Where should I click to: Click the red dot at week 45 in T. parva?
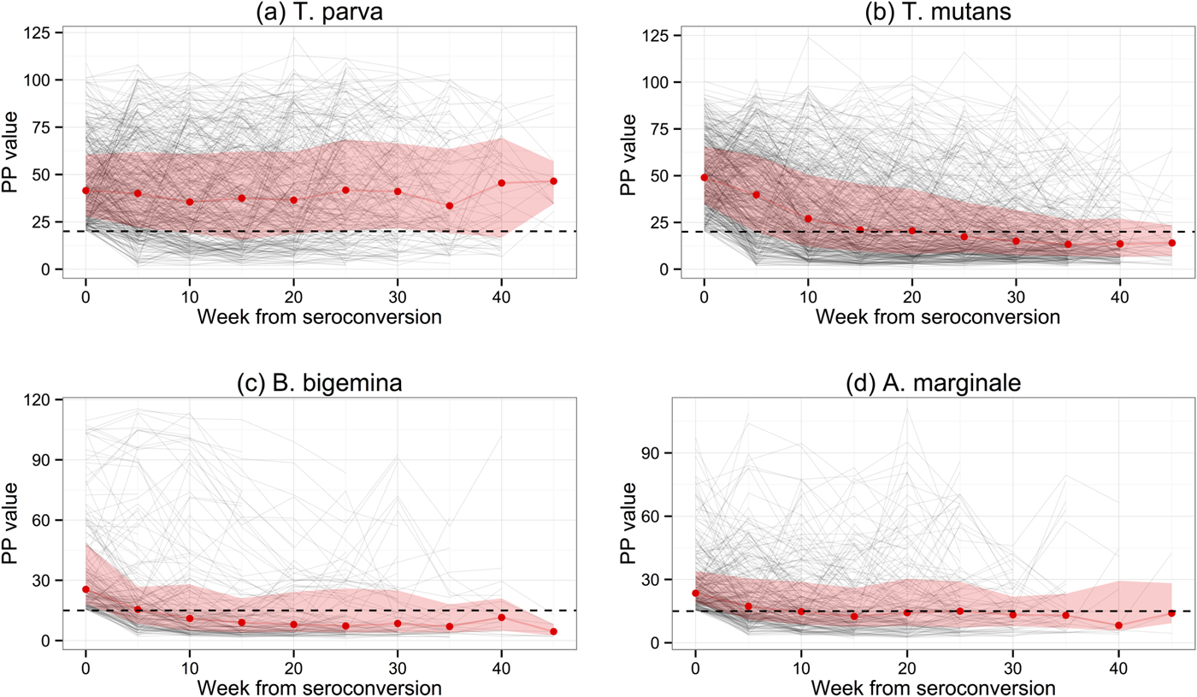[553, 181]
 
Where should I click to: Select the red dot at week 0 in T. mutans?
[704, 178]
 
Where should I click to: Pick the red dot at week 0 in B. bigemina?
[85, 589]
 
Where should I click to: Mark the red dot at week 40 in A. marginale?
[1118, 626]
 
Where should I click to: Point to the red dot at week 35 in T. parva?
[450, 206]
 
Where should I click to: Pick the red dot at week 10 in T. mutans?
[808, 219]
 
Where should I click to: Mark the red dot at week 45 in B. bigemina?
[553, 632]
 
